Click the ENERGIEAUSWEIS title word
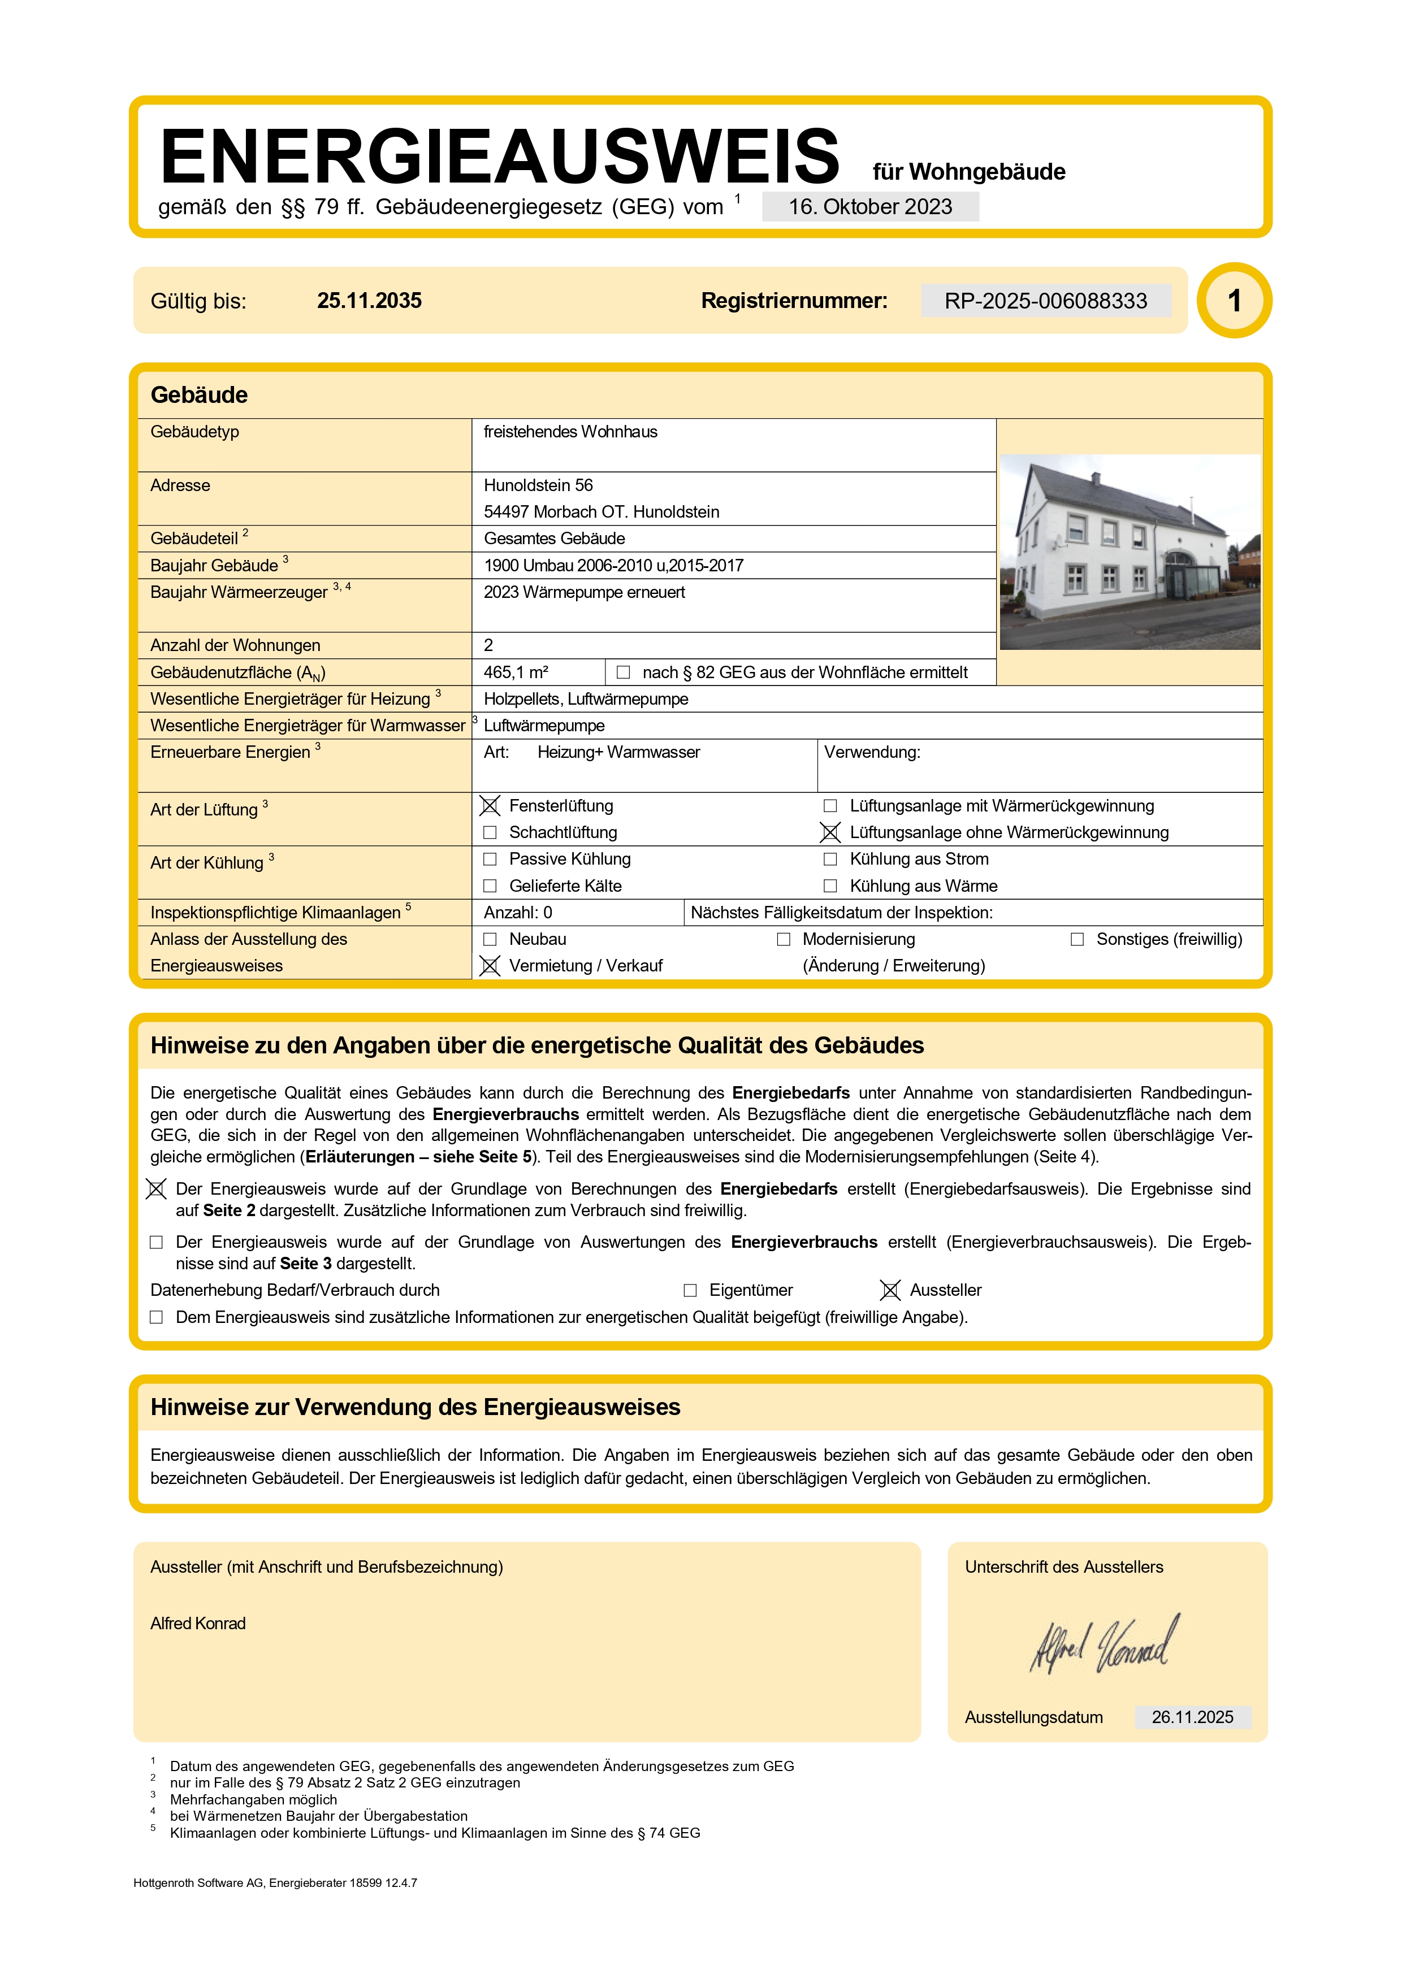[x=499, y=157]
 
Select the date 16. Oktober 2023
[x=870, y=207]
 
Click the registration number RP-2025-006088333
[x=1045, y=301]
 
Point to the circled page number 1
[x=1235, y=301]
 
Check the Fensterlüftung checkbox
[x=490, y=806]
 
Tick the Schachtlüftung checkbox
[x=490, y=832]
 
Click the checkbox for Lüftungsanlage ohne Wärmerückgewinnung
[x=830, y=832]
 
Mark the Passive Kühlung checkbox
[x=490, y=860]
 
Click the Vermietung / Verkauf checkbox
[x=490, y=966]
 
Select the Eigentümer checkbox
[x=690, y=1290]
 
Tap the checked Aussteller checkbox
[x=890, y=1290]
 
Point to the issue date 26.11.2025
[x=1192, y=1717]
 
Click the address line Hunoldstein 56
[x=538, y=485]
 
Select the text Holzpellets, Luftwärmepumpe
[x=586, y=698]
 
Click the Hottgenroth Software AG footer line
[x=275, y=1883]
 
